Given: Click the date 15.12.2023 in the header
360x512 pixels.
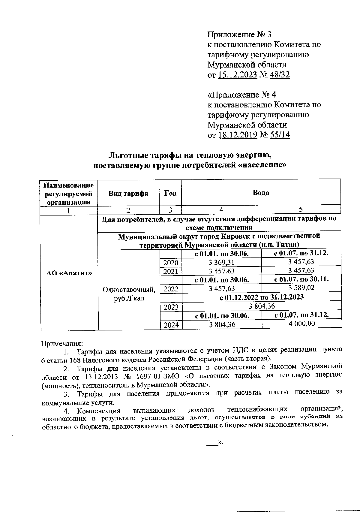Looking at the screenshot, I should point(237,75).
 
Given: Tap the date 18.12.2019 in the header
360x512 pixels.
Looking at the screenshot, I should point(238,135).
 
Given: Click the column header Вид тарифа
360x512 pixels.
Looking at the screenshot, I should point(128,193).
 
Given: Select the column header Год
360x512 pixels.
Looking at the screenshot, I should point(170,193).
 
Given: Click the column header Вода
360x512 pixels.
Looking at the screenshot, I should point(261,193).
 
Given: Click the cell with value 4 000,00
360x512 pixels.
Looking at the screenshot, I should point(301,323).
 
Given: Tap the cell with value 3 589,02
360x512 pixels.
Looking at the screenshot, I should point(301,288).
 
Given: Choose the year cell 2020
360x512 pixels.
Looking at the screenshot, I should point(171,263).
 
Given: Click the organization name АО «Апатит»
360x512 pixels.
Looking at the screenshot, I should point(69,273).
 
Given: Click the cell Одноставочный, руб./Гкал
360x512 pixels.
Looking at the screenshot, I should point(129,294).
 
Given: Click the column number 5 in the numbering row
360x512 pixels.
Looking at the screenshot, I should point(301,209).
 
